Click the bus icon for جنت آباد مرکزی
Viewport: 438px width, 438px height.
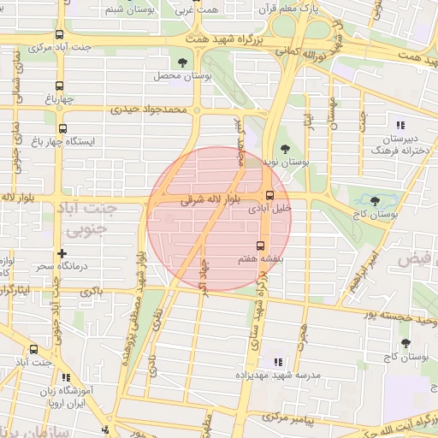(58, 35)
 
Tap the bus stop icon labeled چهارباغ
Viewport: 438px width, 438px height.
(59, 86)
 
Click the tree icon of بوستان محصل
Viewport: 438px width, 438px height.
(181, 62)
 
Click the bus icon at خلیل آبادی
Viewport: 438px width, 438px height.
(270, 195)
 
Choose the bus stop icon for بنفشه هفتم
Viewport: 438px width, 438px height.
(261, 243)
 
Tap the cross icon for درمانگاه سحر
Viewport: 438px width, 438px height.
(61, 253)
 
